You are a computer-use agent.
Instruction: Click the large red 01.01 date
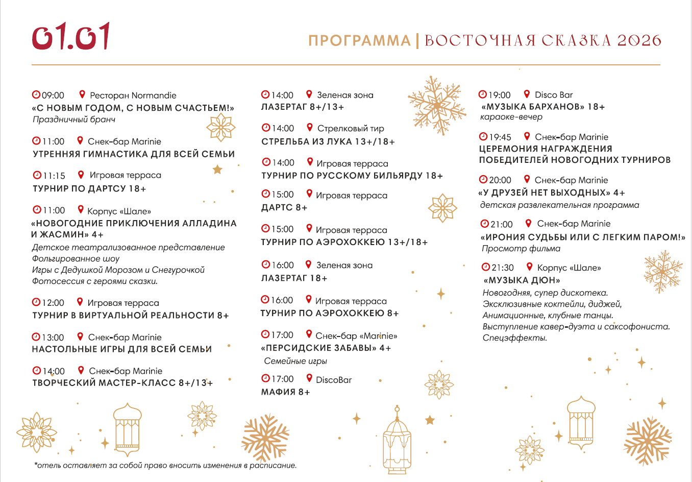(x=71, y=36)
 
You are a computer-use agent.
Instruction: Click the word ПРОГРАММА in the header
(x=359, y=41)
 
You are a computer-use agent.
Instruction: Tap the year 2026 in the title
(x=639, y=41)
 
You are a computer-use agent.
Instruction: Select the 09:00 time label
(x=53, y=95)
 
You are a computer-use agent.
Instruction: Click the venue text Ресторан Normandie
(x=133, y=95)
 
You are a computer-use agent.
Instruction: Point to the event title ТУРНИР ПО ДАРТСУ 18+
(x=89, y=188)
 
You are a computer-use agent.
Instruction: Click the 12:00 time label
(x=53, y=303)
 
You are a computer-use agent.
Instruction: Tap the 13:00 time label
(x=53, y=338)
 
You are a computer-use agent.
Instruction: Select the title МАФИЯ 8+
(x=285, y=392)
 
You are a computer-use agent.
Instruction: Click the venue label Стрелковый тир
(x=350, y=129)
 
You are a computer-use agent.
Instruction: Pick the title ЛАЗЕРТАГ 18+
(x=294, y=278)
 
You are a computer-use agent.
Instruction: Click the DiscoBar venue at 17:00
(x=334, y=380)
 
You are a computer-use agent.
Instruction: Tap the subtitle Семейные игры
(x=295, y=361)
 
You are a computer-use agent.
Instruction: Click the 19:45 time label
(x=500, y=137)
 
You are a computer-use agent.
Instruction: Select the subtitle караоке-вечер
(x=511, y=117)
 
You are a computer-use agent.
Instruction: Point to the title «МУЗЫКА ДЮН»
(x=522, y=280)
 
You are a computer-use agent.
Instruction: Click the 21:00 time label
(x=501, y=224)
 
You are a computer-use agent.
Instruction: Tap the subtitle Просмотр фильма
(x=521, y=249)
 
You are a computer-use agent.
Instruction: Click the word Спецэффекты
(x=514, y=338)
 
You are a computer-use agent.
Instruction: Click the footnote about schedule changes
(x=165, y=466)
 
